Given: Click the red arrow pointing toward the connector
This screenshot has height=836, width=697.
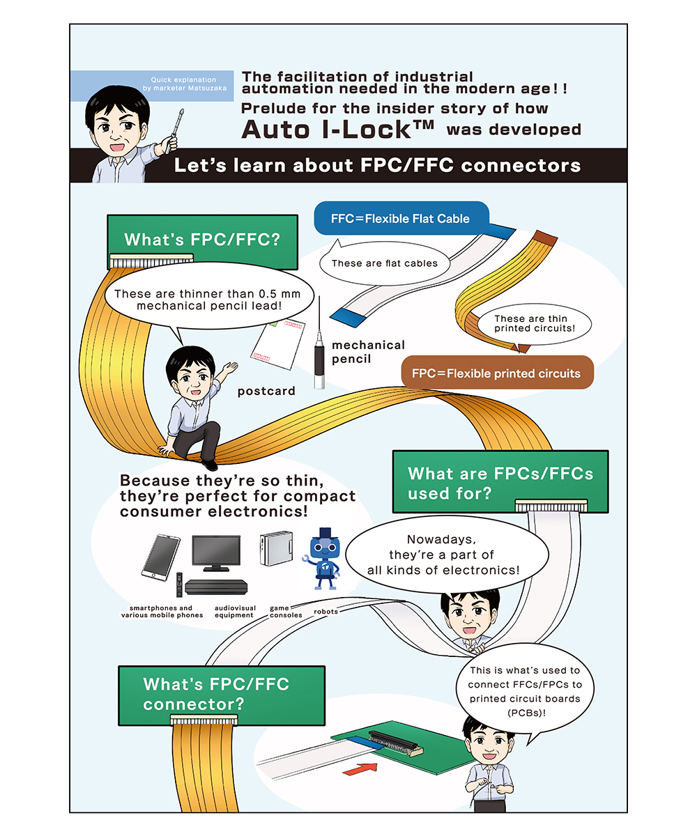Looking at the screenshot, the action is [360, 768].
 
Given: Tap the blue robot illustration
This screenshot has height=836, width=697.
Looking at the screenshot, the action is [323, 558].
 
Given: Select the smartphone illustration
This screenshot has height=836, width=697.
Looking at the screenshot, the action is [160, 557].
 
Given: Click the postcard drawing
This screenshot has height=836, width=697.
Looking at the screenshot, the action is [277, 343].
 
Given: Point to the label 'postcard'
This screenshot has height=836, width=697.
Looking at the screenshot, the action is [266, 391].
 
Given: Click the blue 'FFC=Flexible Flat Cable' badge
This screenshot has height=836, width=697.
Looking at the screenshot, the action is [401, 218].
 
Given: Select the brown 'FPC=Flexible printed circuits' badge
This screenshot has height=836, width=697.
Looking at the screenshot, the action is [497, 373].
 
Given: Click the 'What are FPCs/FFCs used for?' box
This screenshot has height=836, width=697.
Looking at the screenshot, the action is [500, 481].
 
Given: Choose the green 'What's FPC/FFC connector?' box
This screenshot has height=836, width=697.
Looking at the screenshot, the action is [222, 696].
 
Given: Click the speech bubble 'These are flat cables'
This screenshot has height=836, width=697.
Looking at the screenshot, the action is [385, 263].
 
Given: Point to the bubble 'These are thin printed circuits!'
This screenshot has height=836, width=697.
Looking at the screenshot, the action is [535, 323].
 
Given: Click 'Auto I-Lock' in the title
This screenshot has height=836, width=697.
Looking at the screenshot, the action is [337, 130].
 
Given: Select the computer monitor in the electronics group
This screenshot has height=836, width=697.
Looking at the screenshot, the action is [216, 553].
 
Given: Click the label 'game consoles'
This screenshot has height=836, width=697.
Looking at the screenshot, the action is [286, 612].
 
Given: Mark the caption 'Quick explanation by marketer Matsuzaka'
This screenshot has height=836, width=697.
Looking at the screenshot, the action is [184, 84].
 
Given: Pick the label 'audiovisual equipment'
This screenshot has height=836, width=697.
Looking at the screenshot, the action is [235, 612].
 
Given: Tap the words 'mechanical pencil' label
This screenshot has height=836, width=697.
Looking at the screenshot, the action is [368, 352].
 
